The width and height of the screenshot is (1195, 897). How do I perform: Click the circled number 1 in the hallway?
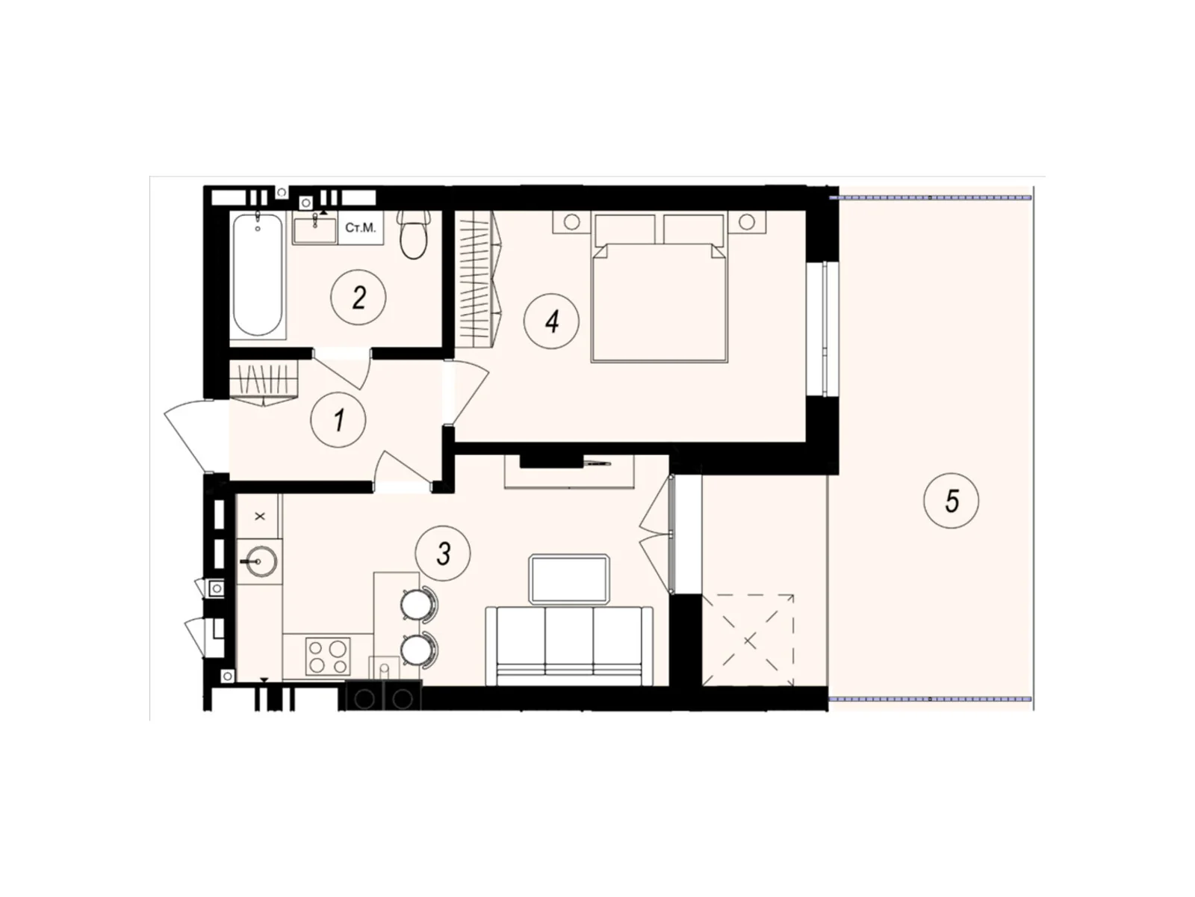(x=340, y=420)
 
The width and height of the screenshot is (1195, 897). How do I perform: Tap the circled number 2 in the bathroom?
(x=359, y=298)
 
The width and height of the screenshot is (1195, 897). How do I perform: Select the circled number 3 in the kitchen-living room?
(x=444, y=554)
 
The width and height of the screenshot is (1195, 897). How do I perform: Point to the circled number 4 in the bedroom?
(x=552, y=321)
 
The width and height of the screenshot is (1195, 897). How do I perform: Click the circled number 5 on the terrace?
(x=952, y=501)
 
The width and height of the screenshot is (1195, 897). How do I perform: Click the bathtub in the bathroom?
(x=257, y=275)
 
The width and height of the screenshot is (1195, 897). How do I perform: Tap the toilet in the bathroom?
(x=414, y=234)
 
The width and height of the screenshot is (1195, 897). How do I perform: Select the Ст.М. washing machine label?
(x=361, y=227)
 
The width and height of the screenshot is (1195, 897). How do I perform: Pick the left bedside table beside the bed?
(x=572, y=222)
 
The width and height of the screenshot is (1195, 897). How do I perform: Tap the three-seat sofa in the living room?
(x=569, y=644)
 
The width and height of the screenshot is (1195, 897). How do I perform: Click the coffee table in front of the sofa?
(x=569, y=579)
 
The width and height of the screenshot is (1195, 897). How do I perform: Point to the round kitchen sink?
(x=258, y=561)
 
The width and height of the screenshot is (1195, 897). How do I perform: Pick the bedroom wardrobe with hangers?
(x=477, y=280)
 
